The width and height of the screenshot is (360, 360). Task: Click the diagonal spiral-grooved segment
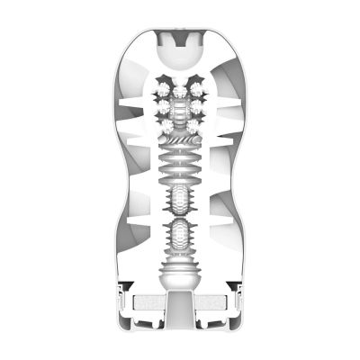click(x=180, y=142)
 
